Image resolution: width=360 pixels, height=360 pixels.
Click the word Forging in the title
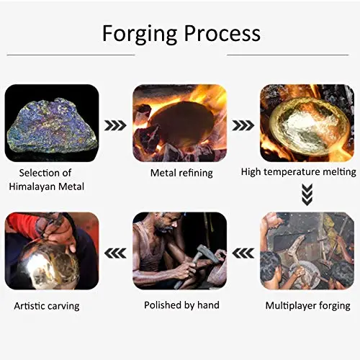coord(140,35)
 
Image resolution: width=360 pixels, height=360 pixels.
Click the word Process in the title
coord(222,33)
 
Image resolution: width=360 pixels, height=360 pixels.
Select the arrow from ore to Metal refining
coord(115,125)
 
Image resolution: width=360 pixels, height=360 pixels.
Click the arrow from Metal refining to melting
coord(243,125)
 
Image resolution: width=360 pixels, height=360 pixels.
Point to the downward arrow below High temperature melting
coord(307,194)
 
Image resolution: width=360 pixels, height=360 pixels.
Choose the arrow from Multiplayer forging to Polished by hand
coord(243,253)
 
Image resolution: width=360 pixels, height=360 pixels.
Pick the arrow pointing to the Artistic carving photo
coord(115,253)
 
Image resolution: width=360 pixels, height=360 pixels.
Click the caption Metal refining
coord(181,173)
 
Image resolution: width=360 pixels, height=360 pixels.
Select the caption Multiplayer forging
coord(307,306)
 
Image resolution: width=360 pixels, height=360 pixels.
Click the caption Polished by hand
coord(181,305)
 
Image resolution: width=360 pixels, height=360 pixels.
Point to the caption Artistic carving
coord(47,306)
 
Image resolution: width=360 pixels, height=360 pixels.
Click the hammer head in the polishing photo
coord(207,254)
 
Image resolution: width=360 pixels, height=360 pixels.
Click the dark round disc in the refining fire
coord(181,124)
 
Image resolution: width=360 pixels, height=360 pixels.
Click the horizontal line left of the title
coord(71,55)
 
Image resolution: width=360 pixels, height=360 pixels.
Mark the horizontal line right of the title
coord(288,55)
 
